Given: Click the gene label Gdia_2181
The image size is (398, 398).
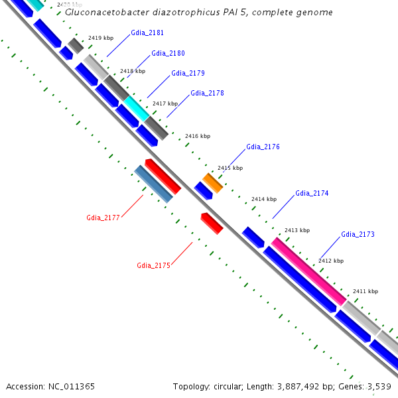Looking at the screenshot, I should click(147, 33).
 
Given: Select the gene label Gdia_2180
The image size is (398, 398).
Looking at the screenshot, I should click(168, 53).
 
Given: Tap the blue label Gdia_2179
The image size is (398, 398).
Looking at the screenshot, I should click(188, 73).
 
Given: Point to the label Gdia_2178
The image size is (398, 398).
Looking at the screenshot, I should click(207, 93).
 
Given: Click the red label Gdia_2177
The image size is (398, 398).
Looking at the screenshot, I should click(103, 218).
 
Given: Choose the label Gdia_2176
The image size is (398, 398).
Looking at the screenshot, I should click(263, 147).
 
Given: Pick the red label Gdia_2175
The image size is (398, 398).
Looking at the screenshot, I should click(154, 265).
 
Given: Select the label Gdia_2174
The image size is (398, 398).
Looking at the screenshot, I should click(312, 193).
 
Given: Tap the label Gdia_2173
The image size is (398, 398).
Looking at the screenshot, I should click(358, 234).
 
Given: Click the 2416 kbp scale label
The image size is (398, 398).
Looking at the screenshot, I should click(197, 136).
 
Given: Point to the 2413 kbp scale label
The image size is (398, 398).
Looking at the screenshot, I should click(297, 230).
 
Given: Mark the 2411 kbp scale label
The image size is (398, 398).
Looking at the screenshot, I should click(365, 291).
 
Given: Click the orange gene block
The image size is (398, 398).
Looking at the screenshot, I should click(212, 182).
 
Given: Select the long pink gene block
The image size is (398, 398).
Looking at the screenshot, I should click(308, 271).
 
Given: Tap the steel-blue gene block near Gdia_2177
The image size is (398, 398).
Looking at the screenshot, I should click(153, 184).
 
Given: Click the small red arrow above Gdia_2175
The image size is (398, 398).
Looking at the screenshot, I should click(212, 223).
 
